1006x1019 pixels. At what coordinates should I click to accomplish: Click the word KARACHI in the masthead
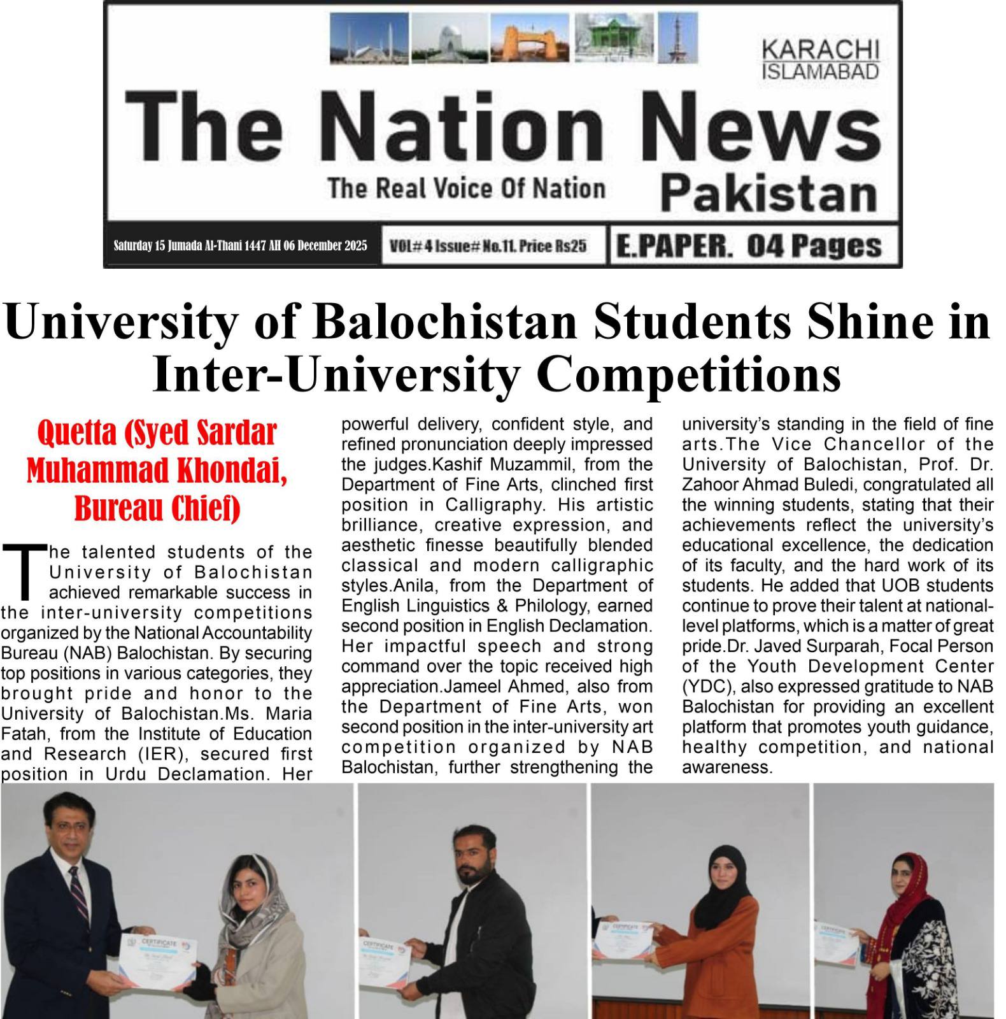pyautogui.click(x=820, y=50)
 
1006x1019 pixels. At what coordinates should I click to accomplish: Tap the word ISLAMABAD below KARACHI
pyautogui.click(x=820, y=71)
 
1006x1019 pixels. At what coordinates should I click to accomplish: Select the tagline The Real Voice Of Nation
pyautogui.click(x=466, y=189)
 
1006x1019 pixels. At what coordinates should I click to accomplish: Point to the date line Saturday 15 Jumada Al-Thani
pyautogui.click(x=240, y=246)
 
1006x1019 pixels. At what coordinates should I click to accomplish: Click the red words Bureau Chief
pyautogui.click(x=157, y=508)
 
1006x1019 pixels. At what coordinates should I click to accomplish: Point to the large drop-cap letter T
pyautogui.click(x=24, y=570)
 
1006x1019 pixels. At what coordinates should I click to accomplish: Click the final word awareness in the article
pyautogui.click(x=726, y=767)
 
